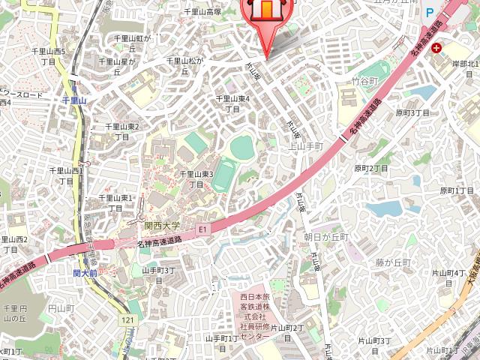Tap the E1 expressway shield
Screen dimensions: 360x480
tap(202, 228)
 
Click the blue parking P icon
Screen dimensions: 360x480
tap(430, 12)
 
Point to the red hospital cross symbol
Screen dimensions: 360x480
tap(436, 47)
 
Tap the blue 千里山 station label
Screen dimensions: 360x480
tap(75, 100)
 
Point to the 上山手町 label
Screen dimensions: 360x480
tap(305, 146)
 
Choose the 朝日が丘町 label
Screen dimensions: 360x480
tap(326, 236)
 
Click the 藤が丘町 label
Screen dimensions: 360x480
tap(394, 262)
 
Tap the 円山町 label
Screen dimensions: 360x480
tap(61, 308)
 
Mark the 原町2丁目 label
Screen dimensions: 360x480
tap(371, 168)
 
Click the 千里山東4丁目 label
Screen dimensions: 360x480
tap(232, 103)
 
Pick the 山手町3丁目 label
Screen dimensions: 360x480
tap(158, 274)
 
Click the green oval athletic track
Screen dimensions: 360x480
tap(241, 145)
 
